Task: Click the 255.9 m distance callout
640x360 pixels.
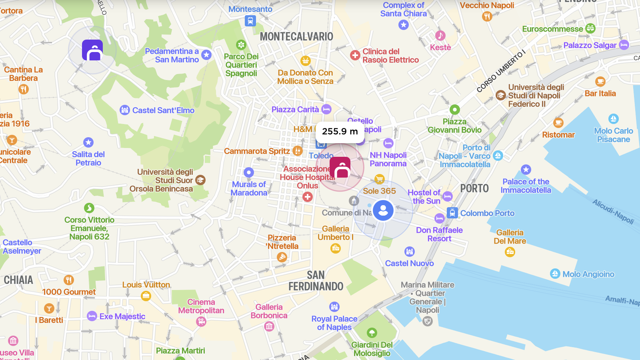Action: point(340,132)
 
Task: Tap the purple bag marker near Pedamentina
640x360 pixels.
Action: point(92,50)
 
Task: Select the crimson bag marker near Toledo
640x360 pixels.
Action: point(340,168)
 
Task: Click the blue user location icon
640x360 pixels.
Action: point(383,210)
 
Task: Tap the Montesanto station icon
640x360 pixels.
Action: point(250,20)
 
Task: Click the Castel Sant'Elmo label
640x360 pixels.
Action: point(163,110)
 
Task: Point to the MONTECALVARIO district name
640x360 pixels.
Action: point(296,37)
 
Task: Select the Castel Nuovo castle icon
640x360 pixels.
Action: point(409,252)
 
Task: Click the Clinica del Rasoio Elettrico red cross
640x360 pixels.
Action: point(355,55)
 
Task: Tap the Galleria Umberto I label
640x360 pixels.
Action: point(336,233)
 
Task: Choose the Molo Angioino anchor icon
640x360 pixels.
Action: point(555,274)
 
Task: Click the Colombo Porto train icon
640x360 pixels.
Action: point(452,213)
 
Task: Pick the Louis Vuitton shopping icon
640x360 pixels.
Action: point(146,296)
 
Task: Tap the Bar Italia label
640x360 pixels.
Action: point(600,94)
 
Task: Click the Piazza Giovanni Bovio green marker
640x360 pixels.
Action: point(454,109)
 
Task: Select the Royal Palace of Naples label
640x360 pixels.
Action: point(334,323)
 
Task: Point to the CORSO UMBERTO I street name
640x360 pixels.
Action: point(500,72)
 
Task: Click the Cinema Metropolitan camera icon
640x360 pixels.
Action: point(201,321)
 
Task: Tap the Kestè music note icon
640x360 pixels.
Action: point(440,36)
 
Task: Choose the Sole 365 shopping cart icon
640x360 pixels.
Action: point(379,179)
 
